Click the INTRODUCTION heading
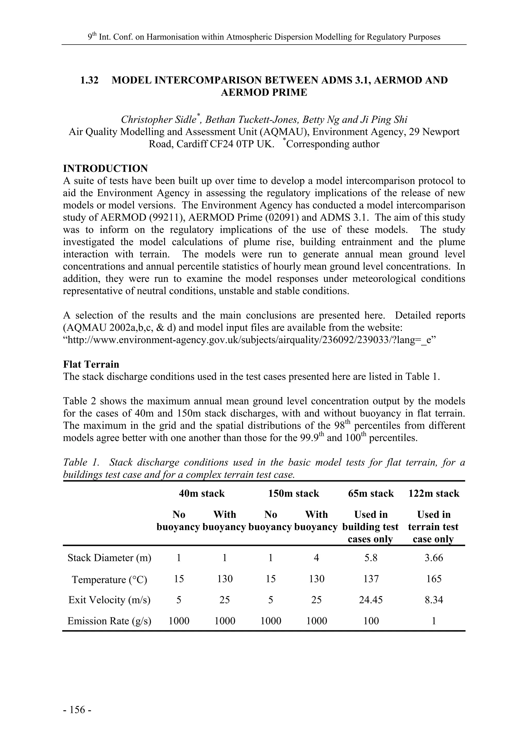tap(105, 169)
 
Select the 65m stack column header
tap(371, 494)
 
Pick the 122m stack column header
tap(434, 494)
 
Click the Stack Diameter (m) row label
tap(109, 558)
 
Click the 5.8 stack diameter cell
tap(371, 558)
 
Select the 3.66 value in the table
tap(434, 558)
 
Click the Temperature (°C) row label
tap(109, 579)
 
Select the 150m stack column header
tap(293, 494)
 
